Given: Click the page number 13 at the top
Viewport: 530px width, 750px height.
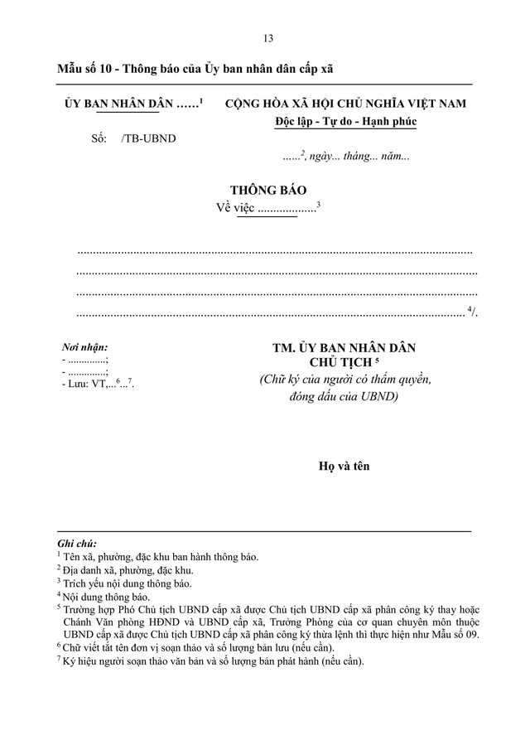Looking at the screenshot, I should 267,38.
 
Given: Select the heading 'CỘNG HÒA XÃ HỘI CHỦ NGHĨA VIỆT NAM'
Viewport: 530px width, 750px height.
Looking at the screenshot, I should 345,104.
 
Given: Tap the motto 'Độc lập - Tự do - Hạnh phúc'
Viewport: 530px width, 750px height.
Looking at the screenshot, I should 345,122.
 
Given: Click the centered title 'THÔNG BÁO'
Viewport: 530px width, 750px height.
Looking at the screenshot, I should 267,190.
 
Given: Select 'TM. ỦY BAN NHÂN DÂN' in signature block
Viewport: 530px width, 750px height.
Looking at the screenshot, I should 344,348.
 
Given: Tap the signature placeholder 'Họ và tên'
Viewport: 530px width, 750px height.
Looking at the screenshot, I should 344,466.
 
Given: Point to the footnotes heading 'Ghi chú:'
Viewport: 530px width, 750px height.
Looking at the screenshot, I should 76,544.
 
